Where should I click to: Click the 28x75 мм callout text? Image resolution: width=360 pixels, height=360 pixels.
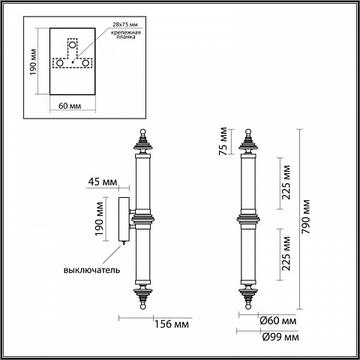click(x=125, y=25)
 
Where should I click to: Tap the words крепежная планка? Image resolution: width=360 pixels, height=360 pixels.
click(x=126, y=34)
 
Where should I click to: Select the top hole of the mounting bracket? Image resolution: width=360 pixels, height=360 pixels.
click(x=73, y=45)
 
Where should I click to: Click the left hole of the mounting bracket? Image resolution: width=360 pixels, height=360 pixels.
click(x=60, y=63)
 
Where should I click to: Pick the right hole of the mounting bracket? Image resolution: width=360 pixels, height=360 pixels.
click(x=85, y=63)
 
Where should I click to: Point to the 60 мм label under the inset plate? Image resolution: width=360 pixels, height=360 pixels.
click(x=70, y=106)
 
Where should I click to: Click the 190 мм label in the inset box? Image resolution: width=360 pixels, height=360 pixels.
click(x=33, y=62)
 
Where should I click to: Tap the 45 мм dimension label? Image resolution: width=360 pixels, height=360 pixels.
click(x=103, y=181)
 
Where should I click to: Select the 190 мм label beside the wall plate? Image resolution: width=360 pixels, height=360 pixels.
click(x=99, y=219)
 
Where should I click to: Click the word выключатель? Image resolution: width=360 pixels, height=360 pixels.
click(x=91, y=270)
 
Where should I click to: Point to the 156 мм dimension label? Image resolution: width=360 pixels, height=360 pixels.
click(x=172, y=324)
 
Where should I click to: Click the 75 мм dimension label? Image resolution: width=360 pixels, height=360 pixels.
click(x=223, y=141)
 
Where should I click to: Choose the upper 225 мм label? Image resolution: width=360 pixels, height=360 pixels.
click(x=286, y=182)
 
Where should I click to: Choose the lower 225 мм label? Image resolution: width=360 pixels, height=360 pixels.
click(x=286, y=253)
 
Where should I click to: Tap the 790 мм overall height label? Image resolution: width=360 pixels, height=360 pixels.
click(x=305, y=217)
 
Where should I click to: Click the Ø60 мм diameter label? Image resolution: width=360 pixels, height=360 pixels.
click(x=278, y=320)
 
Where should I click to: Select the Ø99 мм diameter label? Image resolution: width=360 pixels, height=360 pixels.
click(x=280, y=337)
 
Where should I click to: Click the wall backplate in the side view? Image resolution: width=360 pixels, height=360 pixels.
click(x=124, y=219)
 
